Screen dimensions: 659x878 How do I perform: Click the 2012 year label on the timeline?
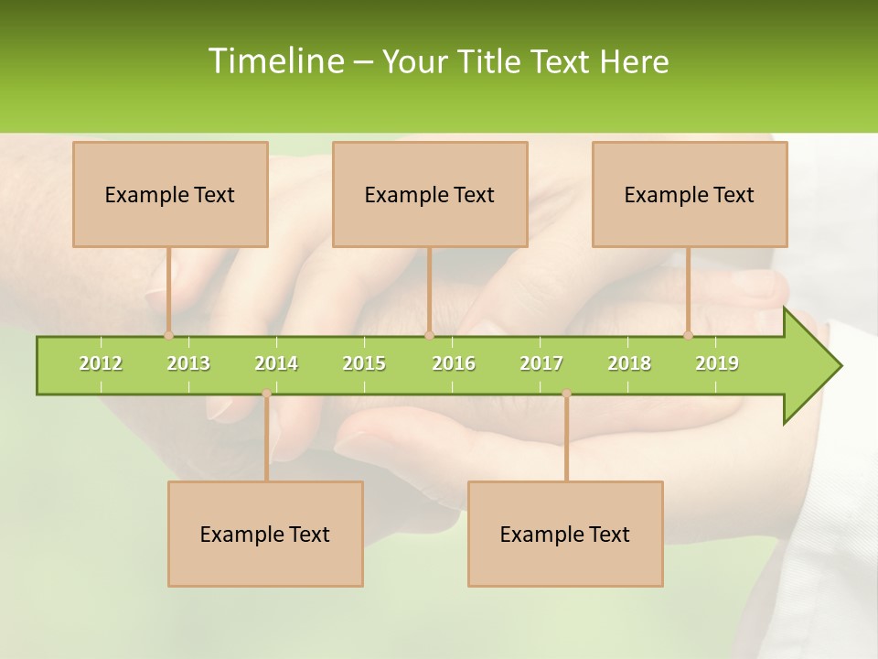click(x=101, y=363)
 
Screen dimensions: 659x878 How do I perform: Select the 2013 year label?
click(x=188, y=363)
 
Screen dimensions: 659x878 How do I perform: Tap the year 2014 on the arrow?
click(x=276, y=363)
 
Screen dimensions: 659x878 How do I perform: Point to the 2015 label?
click(x=364, y=363)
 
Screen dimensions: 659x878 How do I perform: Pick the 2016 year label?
click(x=454, y=363)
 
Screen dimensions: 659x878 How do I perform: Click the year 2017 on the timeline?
click(x=541, y=363)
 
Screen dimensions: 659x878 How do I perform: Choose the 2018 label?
click(x=629, y=363)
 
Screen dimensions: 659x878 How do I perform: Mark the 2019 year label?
click(x=717, y=363)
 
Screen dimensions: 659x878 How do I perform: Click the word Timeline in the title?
click(x=275, y=61)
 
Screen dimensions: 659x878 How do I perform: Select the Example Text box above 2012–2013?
click(x=170, y=194)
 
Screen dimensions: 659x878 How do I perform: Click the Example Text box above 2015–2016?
click(x=430, y=194)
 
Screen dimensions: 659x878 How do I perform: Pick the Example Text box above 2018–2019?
click(x=690, y=194)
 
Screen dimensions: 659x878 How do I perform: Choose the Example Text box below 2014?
click(x=265, y=534)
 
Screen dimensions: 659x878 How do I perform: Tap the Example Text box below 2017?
click(x=565, y=534)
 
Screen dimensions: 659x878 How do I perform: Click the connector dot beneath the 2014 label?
click(x=266, y=394)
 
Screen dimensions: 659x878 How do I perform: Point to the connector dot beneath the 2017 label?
click(x=566, y=394)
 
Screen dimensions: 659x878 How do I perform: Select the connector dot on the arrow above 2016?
click(x=429, y=336)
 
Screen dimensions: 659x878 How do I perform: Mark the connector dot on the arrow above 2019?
click(x=689, y=336)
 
